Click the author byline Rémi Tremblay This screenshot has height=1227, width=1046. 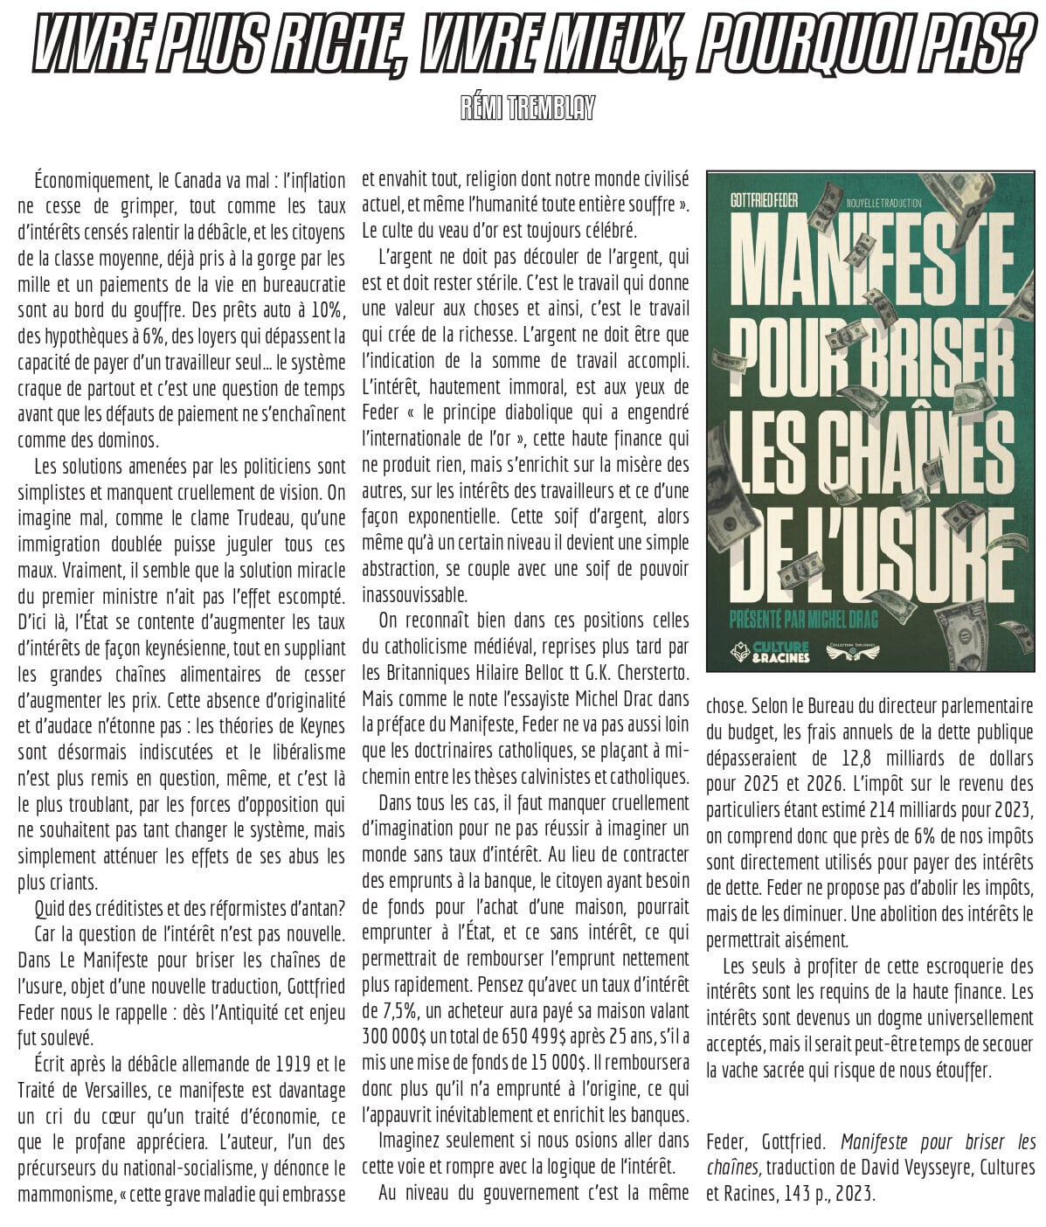(x=528, y=108)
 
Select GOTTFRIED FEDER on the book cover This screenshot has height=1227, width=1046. (x=765, y=202)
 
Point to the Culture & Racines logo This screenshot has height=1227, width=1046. (x=772, y=652)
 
